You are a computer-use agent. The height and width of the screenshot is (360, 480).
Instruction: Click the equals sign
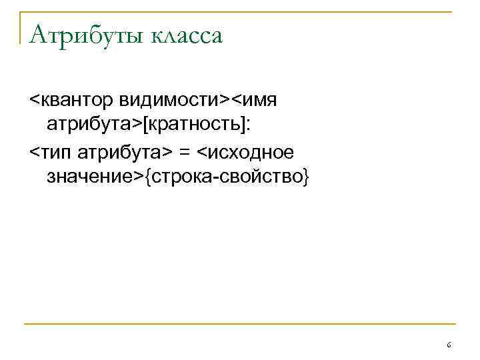[x=183, y=151]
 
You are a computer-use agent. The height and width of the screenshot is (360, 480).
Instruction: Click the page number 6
[x=449, y=345]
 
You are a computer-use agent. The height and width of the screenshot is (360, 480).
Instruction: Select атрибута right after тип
[x=123, y=151]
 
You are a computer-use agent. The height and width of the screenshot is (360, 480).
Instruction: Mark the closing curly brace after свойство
[x=306, y=178]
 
